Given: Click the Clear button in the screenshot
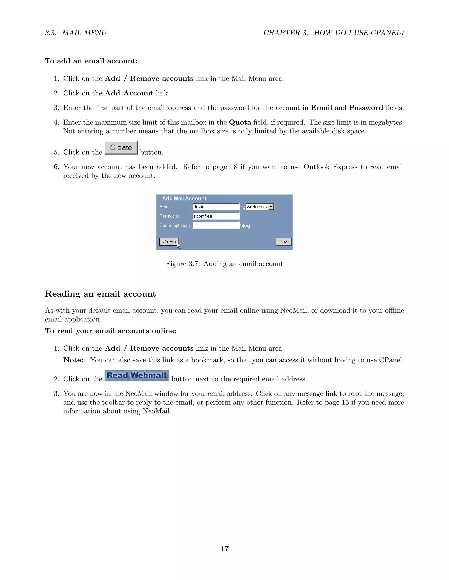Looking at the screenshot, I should point(283,241).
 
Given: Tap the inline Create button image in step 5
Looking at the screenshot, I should point(121,148).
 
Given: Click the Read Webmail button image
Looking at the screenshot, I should point(136,376).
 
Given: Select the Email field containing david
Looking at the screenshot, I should point(216,207).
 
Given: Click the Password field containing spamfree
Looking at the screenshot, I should point(216,216).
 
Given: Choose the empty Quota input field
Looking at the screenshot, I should point(216,225).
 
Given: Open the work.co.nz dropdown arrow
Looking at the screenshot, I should point(271,207).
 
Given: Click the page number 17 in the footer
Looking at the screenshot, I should point(224,549).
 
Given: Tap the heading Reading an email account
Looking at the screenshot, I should point(100,294).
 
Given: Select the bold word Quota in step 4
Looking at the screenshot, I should point(240,122).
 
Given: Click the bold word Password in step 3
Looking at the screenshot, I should point(366,108).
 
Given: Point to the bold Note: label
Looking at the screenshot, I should point(73,360).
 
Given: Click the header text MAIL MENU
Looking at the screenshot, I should point(84,33).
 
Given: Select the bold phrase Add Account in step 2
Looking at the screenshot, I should point(129,93).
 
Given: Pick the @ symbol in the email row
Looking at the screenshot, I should point(243,208).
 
